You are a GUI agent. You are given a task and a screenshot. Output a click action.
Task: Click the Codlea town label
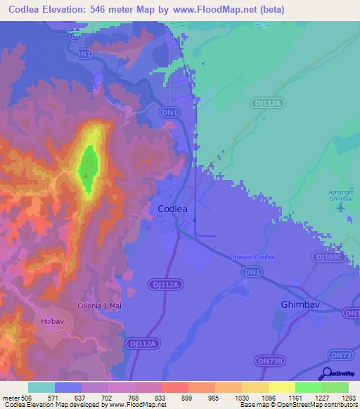point(172,209)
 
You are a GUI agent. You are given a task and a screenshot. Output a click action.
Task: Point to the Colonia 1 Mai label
point(101,305)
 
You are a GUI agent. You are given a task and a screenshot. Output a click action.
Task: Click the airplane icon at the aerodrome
point(342,207)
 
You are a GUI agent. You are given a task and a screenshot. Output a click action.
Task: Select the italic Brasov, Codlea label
point(253,257)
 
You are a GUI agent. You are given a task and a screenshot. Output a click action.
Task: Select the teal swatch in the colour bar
point(41,387)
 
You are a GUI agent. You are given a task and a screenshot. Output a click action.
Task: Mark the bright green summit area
point(88,169)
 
